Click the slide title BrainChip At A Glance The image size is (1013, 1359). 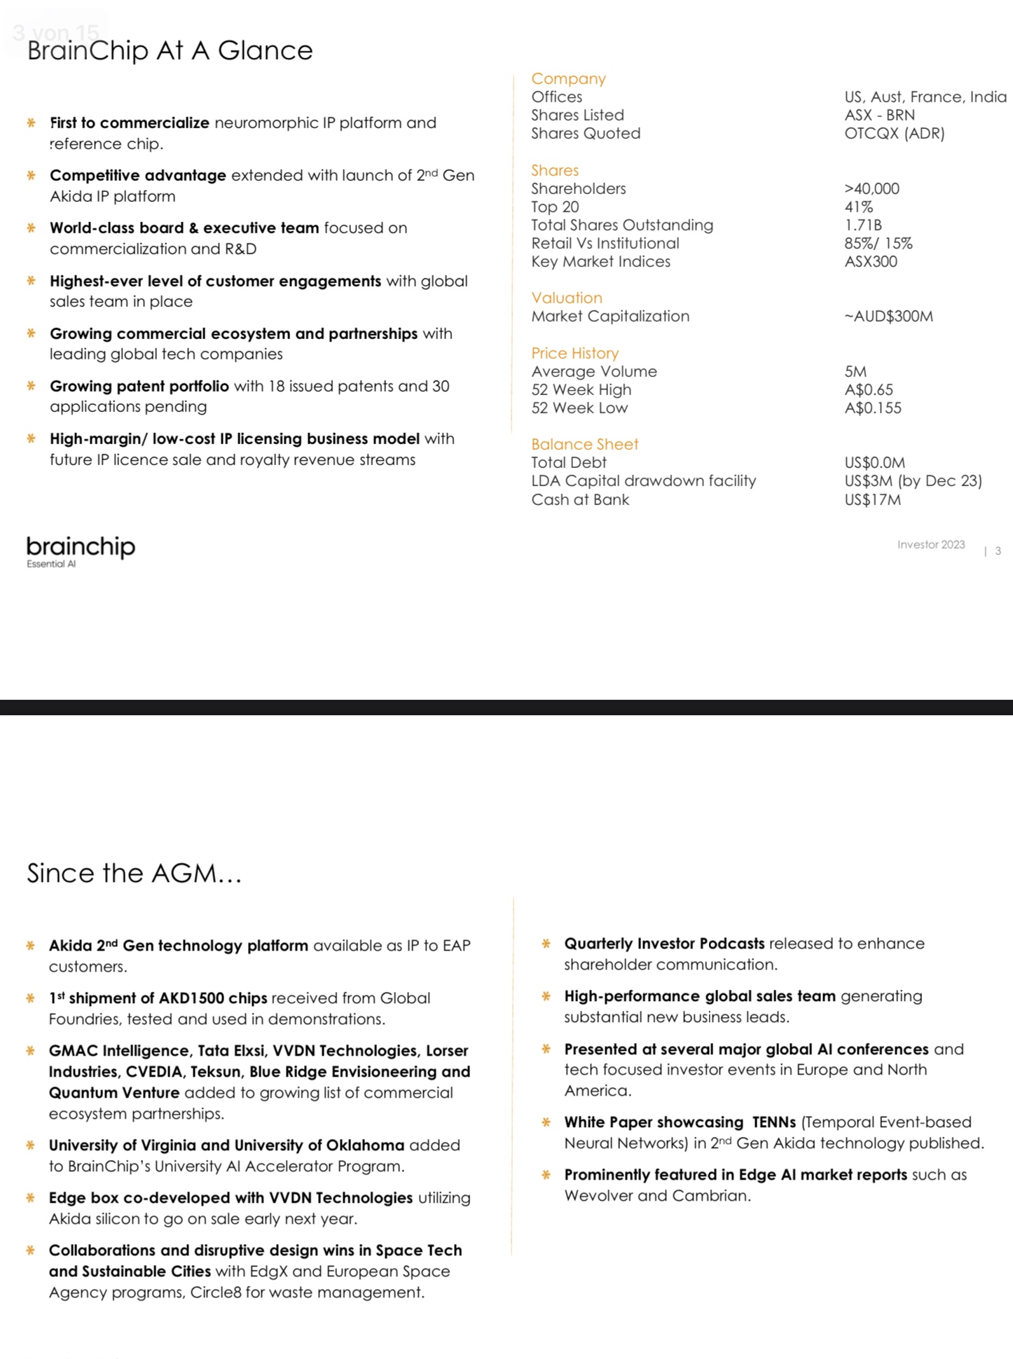[x=170, y=50]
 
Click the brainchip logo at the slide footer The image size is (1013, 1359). [x=81, y=546]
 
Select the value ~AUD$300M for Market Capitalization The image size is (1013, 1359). [x=888, y=316]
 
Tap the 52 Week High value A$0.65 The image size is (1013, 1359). [x=869, y=389]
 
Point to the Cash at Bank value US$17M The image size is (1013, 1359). [x=872, y=499]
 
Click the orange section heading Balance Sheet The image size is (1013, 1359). [x=584, y=444]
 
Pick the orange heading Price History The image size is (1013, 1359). [x=574, y=353]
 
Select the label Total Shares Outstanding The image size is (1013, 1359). [x=621, y=225]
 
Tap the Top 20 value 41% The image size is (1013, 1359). [x=858, y=207]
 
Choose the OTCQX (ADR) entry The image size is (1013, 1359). [x=894, y=133]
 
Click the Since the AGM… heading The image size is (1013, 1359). [x=134, y=873]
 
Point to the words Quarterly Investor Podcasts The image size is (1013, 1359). [x=664, y=944]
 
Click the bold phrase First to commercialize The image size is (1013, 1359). [x=130, y=123]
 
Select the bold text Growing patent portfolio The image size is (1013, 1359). [x=139, y=386]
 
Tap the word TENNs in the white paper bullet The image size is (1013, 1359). [x=773, y=1122]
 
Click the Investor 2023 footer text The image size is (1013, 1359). [x=930, y=544]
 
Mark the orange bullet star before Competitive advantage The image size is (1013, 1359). [x=31, y=175]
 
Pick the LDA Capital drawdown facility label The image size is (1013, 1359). [x=643, y=481]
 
